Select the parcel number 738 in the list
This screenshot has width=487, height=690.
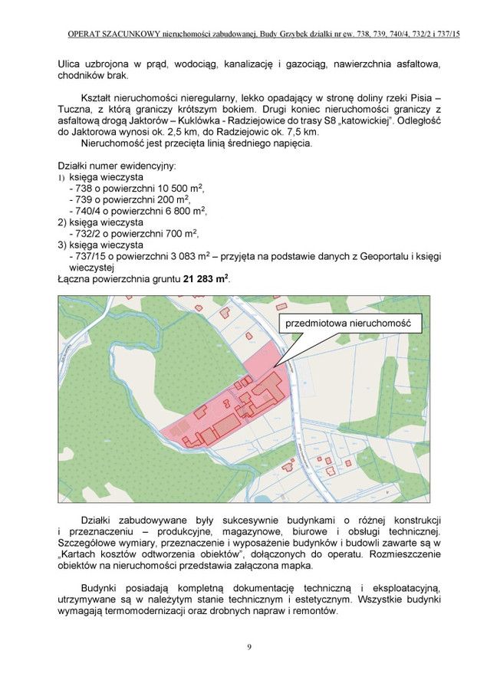coord(84,188)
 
